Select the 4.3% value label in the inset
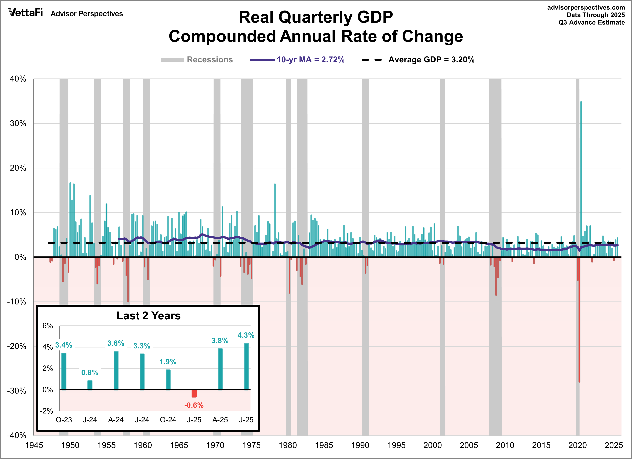pos(246,335)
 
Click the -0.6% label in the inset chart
pos(194,405)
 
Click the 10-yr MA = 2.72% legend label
pos(310,60)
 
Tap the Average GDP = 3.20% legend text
pos(431,60)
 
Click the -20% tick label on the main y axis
pos(17,346)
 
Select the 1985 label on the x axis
pos(324,445)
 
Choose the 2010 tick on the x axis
pos(505,445)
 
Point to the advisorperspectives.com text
pos(586,7)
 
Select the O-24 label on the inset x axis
pos(168,419)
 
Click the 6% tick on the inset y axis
pos(48,326)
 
